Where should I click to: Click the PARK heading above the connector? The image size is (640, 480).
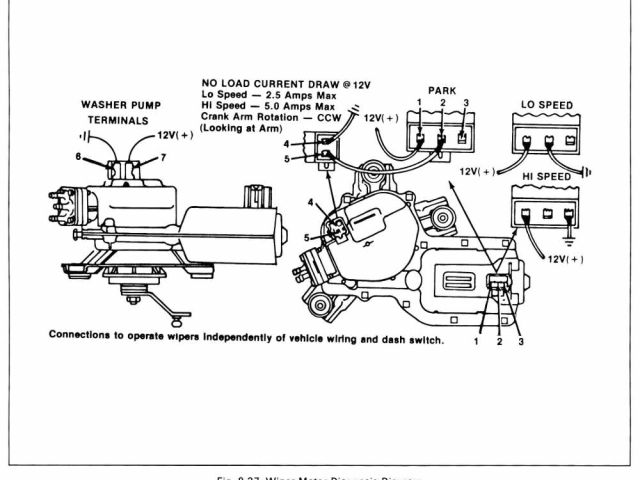443,89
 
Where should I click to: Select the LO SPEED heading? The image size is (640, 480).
546,105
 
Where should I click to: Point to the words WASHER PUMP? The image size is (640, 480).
122,104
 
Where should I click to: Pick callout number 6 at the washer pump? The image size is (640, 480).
76,157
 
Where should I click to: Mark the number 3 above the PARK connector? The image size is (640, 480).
465,103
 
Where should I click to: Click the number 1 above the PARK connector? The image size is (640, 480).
420,103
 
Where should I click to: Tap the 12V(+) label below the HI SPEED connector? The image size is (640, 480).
567,258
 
